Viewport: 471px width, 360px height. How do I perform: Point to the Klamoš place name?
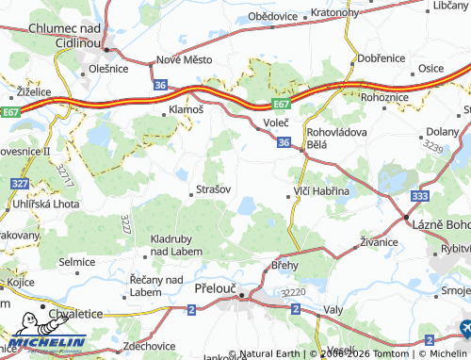[186, 110]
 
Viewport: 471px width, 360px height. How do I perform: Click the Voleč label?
[276, 123]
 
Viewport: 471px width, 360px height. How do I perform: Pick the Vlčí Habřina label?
[321, 191]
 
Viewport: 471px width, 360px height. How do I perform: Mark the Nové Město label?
[184, 59]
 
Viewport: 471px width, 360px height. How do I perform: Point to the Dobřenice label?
[382, 58]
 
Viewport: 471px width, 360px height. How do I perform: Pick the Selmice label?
[77, 261]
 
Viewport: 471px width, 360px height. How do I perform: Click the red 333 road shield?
[420, 196]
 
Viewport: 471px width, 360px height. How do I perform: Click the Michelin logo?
[47, 342]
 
